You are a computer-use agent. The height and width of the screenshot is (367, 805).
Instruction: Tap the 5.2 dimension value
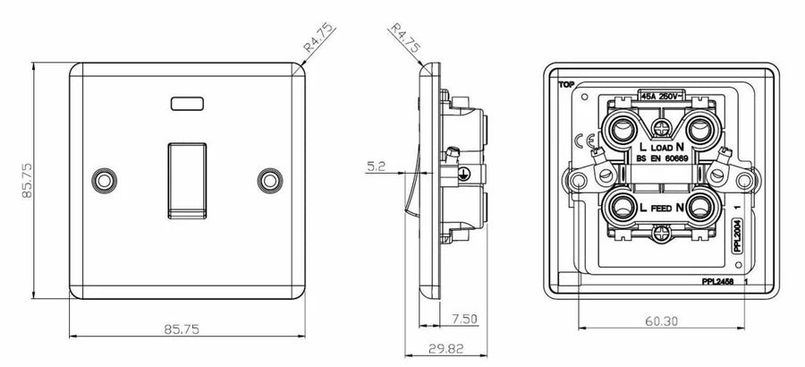tap(375, 165)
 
